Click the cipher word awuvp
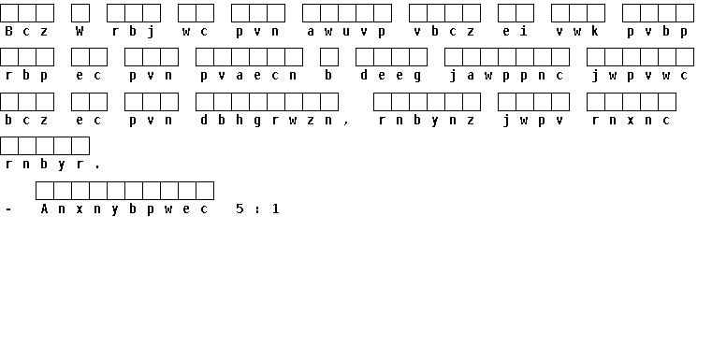click(346, 31)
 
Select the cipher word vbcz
click(444, 31)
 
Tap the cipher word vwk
click(577, 31)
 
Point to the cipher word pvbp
click(657, 31)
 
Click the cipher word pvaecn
click(248, 76)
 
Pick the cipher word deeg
click(390, 76)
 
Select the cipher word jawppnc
click(506, 76)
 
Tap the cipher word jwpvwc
click(639, 76)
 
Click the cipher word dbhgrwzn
click(266, 121)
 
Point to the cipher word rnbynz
click(427, 121)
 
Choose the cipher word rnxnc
click(631, 121)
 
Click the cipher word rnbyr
click(44, 165)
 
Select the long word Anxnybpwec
click(124, 209)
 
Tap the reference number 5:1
click(257, 209)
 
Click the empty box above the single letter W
click(80, 13)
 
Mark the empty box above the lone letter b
click(329, 57)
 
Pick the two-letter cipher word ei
click(515, 31)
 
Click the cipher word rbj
click(133, 31)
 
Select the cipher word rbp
click(26, 76)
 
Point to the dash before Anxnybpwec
click(8, 209)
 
